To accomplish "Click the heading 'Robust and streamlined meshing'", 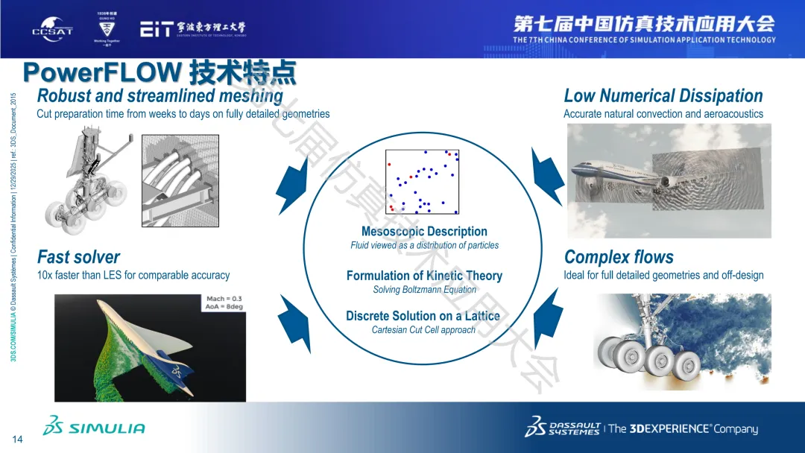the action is (x=160, y=96).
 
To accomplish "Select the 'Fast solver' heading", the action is (x=78, y=258).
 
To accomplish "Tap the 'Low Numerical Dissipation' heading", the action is (x=663, y=96).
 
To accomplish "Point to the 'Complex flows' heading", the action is (x=619, y=258).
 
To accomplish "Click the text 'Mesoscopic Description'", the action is (x=424, y=232).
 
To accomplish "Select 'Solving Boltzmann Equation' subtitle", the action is (x=424, y=290).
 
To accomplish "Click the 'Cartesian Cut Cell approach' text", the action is (x=423, y=330).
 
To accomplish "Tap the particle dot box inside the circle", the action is (x=422, y=182).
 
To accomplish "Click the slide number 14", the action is (x=18, y=440).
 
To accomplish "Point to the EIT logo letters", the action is (x=158, y=29).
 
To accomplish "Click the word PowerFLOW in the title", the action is (x=102, y=73).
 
